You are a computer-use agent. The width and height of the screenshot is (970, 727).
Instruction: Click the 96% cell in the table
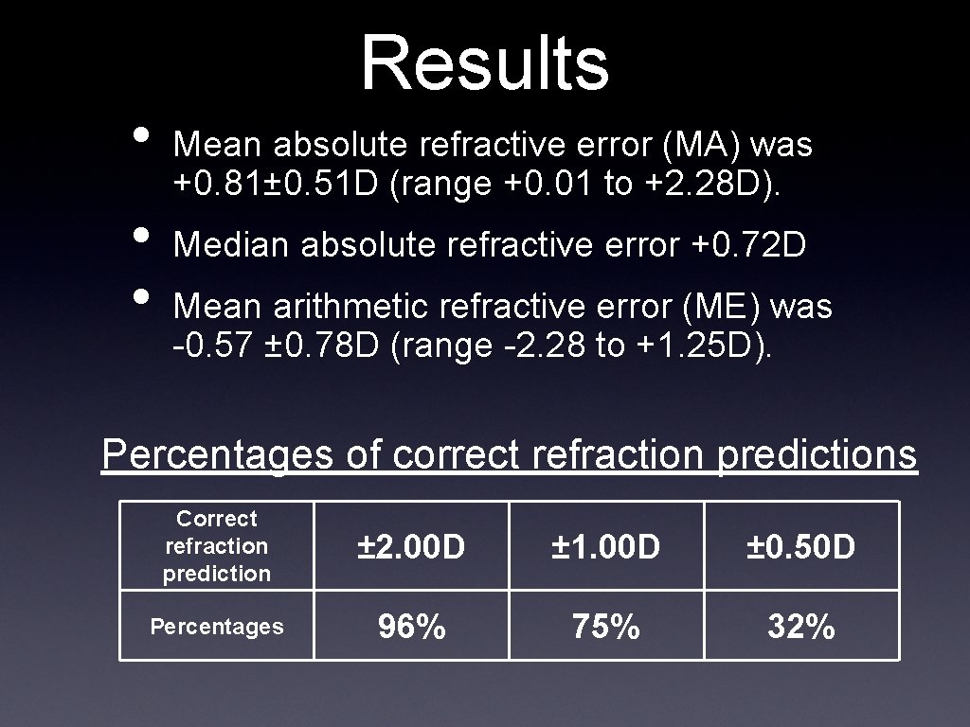click(x=411, y=626)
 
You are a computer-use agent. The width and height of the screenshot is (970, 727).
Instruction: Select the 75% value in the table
click(x=606, y=626)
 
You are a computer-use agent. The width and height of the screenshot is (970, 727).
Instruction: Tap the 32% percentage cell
click(x=801, y=626)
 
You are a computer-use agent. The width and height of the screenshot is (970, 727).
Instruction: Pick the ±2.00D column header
click(x=411, y=546)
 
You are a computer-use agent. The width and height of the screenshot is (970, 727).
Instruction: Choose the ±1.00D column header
click(x=606, y=546)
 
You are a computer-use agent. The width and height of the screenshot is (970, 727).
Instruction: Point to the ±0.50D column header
click(x=801, y=546)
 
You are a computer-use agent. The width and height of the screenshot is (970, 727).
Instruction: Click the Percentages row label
click(x=217, y=626)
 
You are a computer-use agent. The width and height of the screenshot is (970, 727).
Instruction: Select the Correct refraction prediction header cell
click(x=217, y=546)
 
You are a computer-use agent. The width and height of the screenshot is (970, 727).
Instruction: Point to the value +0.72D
click(x=748, y=245)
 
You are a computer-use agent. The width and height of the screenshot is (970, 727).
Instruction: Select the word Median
click(x=232, y=245)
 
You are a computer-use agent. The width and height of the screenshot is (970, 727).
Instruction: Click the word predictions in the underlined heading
click(x=817, y=454)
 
